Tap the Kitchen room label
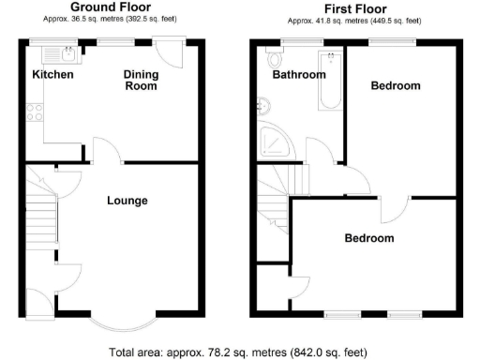tap(52, 74)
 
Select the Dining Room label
tap(141, 80)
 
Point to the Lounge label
tap(127, 200)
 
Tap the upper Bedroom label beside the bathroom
tap(395, 85)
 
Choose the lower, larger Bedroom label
tap(368, 238)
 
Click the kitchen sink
tap(67, 52)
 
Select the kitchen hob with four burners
tap(35, 112)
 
